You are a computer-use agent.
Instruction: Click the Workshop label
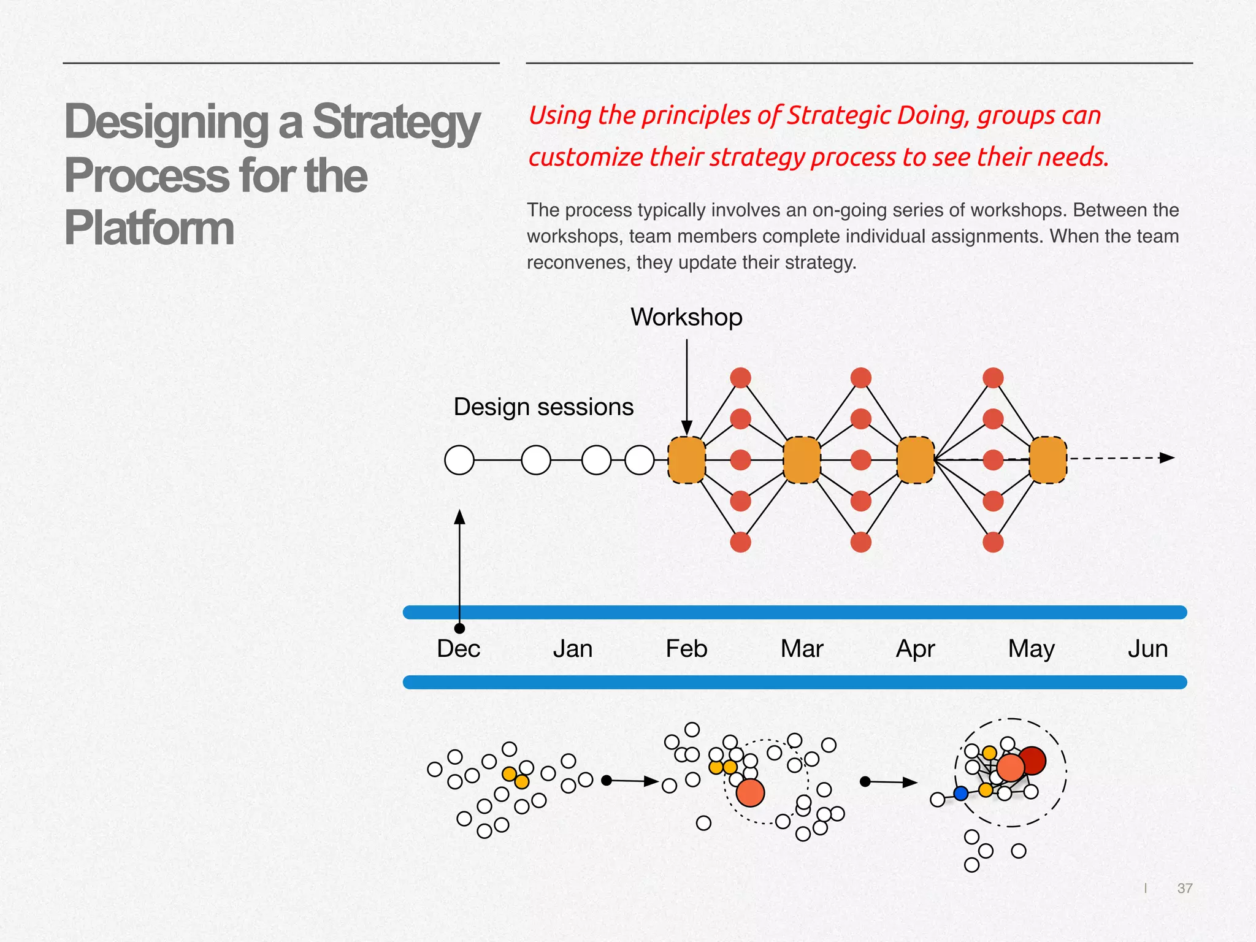(x=686, y=317)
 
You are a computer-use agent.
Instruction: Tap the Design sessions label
(x=543, y=407)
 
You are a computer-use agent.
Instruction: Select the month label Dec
(x=458, y=649)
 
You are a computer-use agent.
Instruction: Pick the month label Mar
(x=802, y=649)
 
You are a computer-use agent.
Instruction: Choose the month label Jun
(x=1147, y=649)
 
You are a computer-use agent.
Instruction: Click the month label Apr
(x=915, y=649)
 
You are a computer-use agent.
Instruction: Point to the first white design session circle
(x=459, y=460)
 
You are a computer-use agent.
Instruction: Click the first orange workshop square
(x=687, y=460)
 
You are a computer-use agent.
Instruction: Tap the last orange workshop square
(x=1048, y=460)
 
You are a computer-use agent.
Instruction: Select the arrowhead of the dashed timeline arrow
(x=1167, y=458)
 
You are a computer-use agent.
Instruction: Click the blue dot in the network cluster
(x=961, y=794)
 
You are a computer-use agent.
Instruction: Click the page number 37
(x=1185, y=888)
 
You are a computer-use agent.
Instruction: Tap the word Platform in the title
(x=149, y=229)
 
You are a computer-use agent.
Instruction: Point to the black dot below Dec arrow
(x=459, y=628)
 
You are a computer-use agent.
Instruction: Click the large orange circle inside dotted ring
(x=750, y=792)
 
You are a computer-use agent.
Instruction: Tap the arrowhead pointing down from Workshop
(x=687, y=427)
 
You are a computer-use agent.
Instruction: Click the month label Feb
(x=686, y=649)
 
